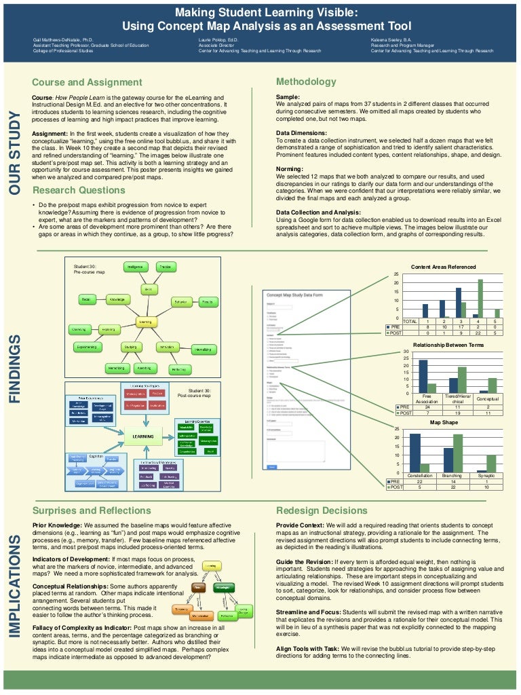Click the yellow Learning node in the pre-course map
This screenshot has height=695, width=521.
(x=145, y=322)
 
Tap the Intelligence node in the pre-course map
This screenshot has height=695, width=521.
(x=134, y=267)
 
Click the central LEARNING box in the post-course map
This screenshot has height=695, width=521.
(x=142, y=436)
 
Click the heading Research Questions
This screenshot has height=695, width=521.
(x=78, y=190)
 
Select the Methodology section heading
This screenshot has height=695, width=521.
(x=306, y=82)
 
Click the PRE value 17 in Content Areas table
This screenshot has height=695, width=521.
(x=460, y=326)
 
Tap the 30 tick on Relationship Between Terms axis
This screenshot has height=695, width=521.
(x=406, y=352)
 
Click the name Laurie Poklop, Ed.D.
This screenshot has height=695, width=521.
(x=209, y=40)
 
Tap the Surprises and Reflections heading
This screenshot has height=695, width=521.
(x=92, y=510)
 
